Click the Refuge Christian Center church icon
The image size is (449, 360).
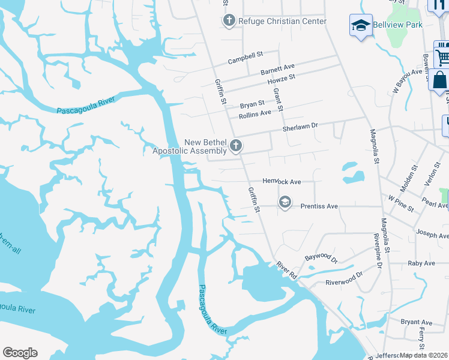click(x=228, y=22)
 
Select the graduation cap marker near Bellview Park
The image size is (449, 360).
click(x=361, y=26)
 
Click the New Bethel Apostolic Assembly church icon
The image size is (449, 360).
click(x=236, y=145)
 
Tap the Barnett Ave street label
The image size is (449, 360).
click(x=277, y=69)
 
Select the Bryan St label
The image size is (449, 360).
click(x=252, y=103)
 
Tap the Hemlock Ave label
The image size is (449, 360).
click(x=282, y=181)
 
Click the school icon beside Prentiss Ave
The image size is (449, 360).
click(x=285, y=203)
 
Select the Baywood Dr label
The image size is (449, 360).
click(x=321, y=259)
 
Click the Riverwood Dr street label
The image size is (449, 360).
click(x=344, y=278)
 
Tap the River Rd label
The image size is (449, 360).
click(x=286, y=269)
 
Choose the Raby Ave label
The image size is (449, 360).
click(x=421, y=263)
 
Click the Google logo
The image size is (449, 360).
click(x=20, y=353)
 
